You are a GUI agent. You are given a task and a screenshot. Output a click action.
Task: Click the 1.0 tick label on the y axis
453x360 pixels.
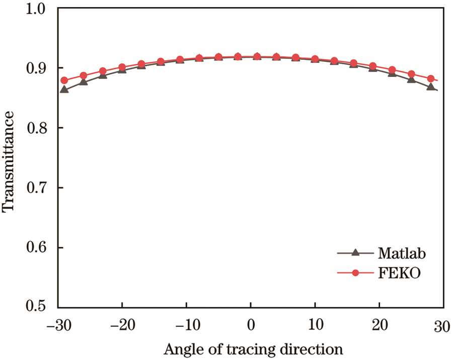click(39, 9)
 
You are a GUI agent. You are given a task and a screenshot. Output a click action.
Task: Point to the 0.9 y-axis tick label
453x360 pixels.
click(39, 68)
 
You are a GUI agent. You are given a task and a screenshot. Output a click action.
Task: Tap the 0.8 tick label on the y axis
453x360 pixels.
click(39, 129)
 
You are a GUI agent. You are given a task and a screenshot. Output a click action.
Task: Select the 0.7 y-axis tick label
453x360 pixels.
click(39, 189)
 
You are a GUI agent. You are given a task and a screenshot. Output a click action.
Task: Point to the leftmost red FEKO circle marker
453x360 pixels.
click(64, 80)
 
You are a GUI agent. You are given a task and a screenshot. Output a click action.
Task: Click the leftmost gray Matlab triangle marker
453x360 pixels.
click(64, 89)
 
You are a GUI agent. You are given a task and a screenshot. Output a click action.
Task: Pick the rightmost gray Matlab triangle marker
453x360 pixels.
click(431, 87)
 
